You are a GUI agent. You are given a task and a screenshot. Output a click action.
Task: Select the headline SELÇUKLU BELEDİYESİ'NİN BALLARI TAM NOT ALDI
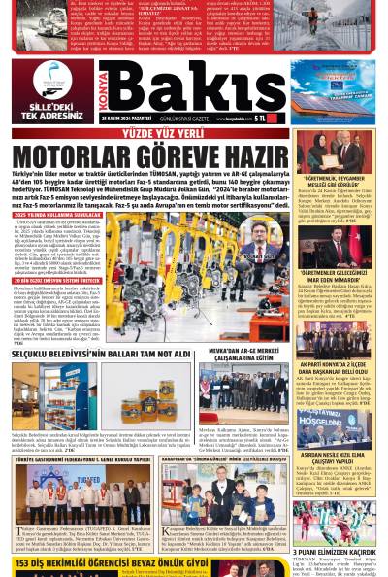click(102, 355)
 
